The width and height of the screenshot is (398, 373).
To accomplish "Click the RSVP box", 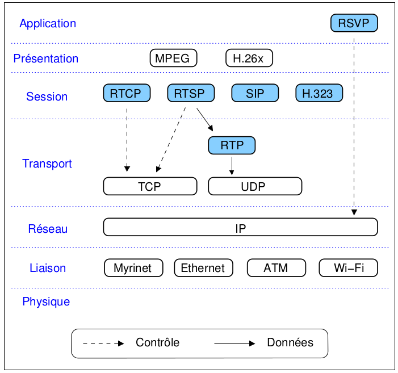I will tap(354, 23).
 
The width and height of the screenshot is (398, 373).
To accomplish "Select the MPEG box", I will tap(174, 58).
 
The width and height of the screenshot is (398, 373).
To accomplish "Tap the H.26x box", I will tap(249, 58).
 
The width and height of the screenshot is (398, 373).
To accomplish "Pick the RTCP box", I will tap(127, 93).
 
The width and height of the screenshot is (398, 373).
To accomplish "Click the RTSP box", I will tap(190, 93).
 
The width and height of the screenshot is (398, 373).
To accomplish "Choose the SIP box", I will tap(255, 93).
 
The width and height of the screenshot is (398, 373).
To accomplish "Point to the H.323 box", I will tap(319, 93).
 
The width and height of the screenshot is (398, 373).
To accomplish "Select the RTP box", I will tap(232, 145).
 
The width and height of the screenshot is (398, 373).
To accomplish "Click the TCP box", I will tap(150, 186).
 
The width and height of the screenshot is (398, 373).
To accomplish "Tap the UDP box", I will tap(255, 186).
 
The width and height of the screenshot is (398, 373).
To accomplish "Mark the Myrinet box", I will tap(133, 268).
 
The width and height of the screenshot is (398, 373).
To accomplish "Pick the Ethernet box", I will tap(203, 268).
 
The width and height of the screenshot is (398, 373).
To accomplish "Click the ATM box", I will tap(276, 268).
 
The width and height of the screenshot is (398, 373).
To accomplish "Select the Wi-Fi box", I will tap(348, 268).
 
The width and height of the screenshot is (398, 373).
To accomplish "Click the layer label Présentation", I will tap(45, 58).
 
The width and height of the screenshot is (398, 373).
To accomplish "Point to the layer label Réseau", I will tap(48, 229).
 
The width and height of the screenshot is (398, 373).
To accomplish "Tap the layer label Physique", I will tap(46, 301).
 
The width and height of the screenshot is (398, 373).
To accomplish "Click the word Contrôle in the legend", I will tap(157, 342).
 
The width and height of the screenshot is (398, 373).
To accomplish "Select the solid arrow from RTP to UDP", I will tap(232, 165).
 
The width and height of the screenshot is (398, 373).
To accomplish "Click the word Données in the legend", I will tap(290, 342).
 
